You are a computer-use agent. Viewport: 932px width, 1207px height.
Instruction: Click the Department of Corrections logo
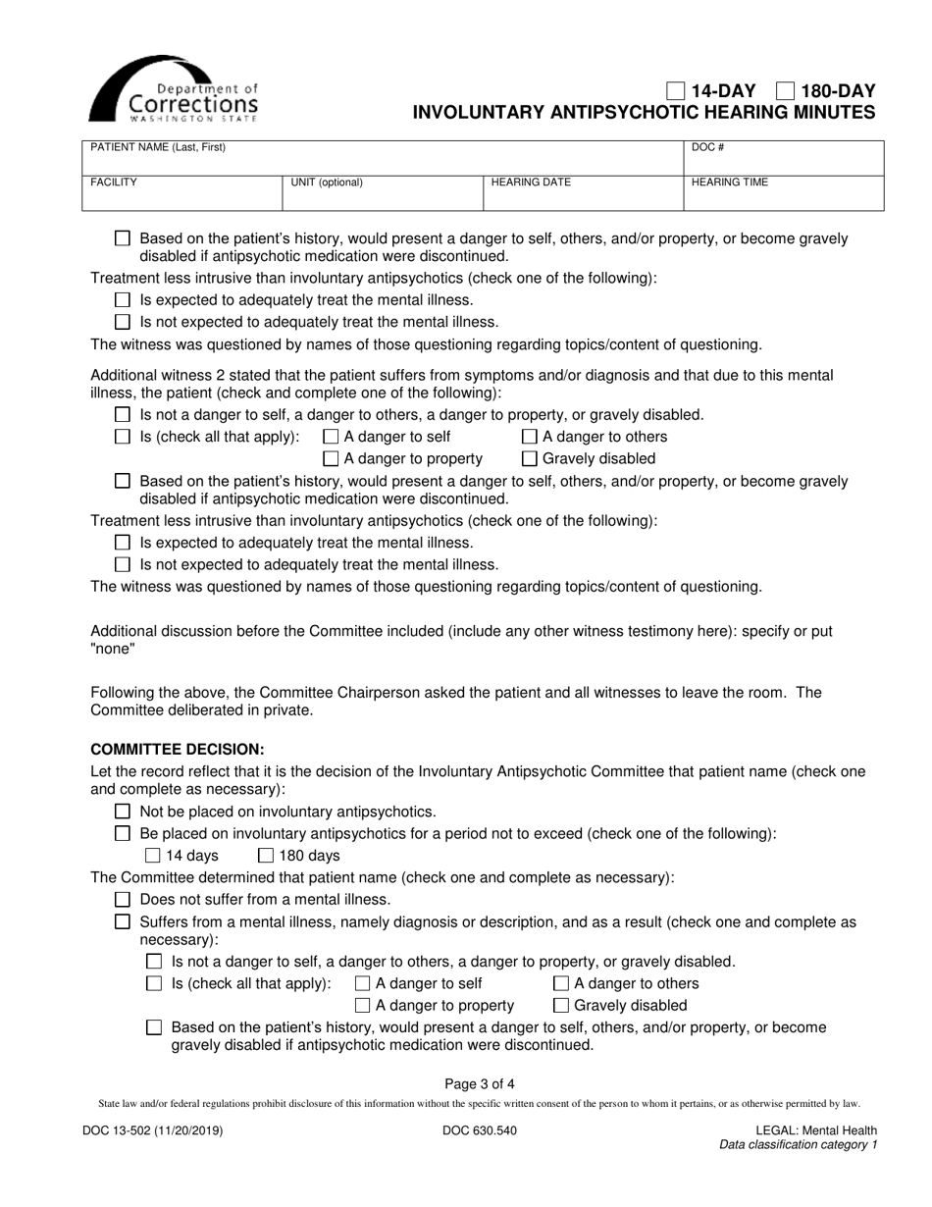(174, 88)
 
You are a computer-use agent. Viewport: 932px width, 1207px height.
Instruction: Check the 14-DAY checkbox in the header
(676, 91)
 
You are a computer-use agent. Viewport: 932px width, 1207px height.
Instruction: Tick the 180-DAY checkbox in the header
(785, 91)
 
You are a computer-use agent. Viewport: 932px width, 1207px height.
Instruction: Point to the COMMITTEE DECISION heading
(178, 749)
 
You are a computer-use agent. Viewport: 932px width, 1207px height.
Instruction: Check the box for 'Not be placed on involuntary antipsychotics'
(123, 812)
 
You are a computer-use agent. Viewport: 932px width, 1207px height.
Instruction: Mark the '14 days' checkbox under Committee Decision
(152, 856)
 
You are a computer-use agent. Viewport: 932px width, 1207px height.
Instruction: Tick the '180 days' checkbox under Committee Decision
(266, 856)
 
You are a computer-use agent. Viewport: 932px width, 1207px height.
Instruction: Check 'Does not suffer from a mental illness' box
(123, 899)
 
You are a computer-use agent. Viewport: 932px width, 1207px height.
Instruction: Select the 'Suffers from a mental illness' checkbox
(123, 921)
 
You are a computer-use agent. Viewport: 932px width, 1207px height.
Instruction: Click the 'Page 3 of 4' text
(479, 1084)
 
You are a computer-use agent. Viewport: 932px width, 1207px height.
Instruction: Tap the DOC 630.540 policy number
(480, 1130)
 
